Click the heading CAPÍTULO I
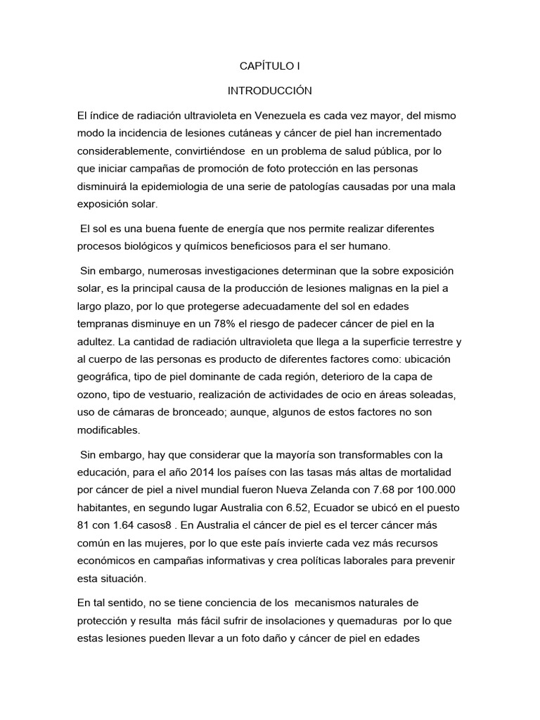270,67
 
